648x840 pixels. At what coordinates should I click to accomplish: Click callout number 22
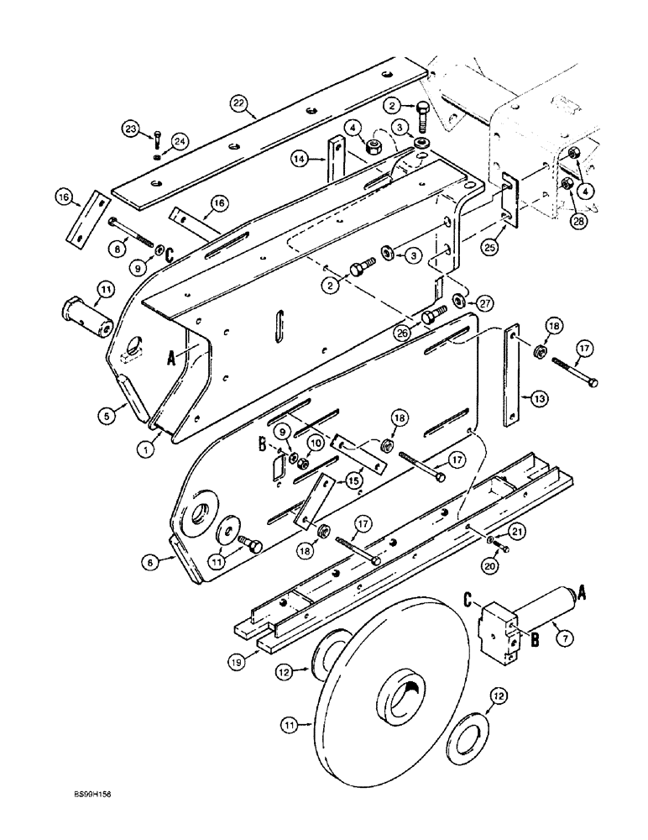tap(240, 104)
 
